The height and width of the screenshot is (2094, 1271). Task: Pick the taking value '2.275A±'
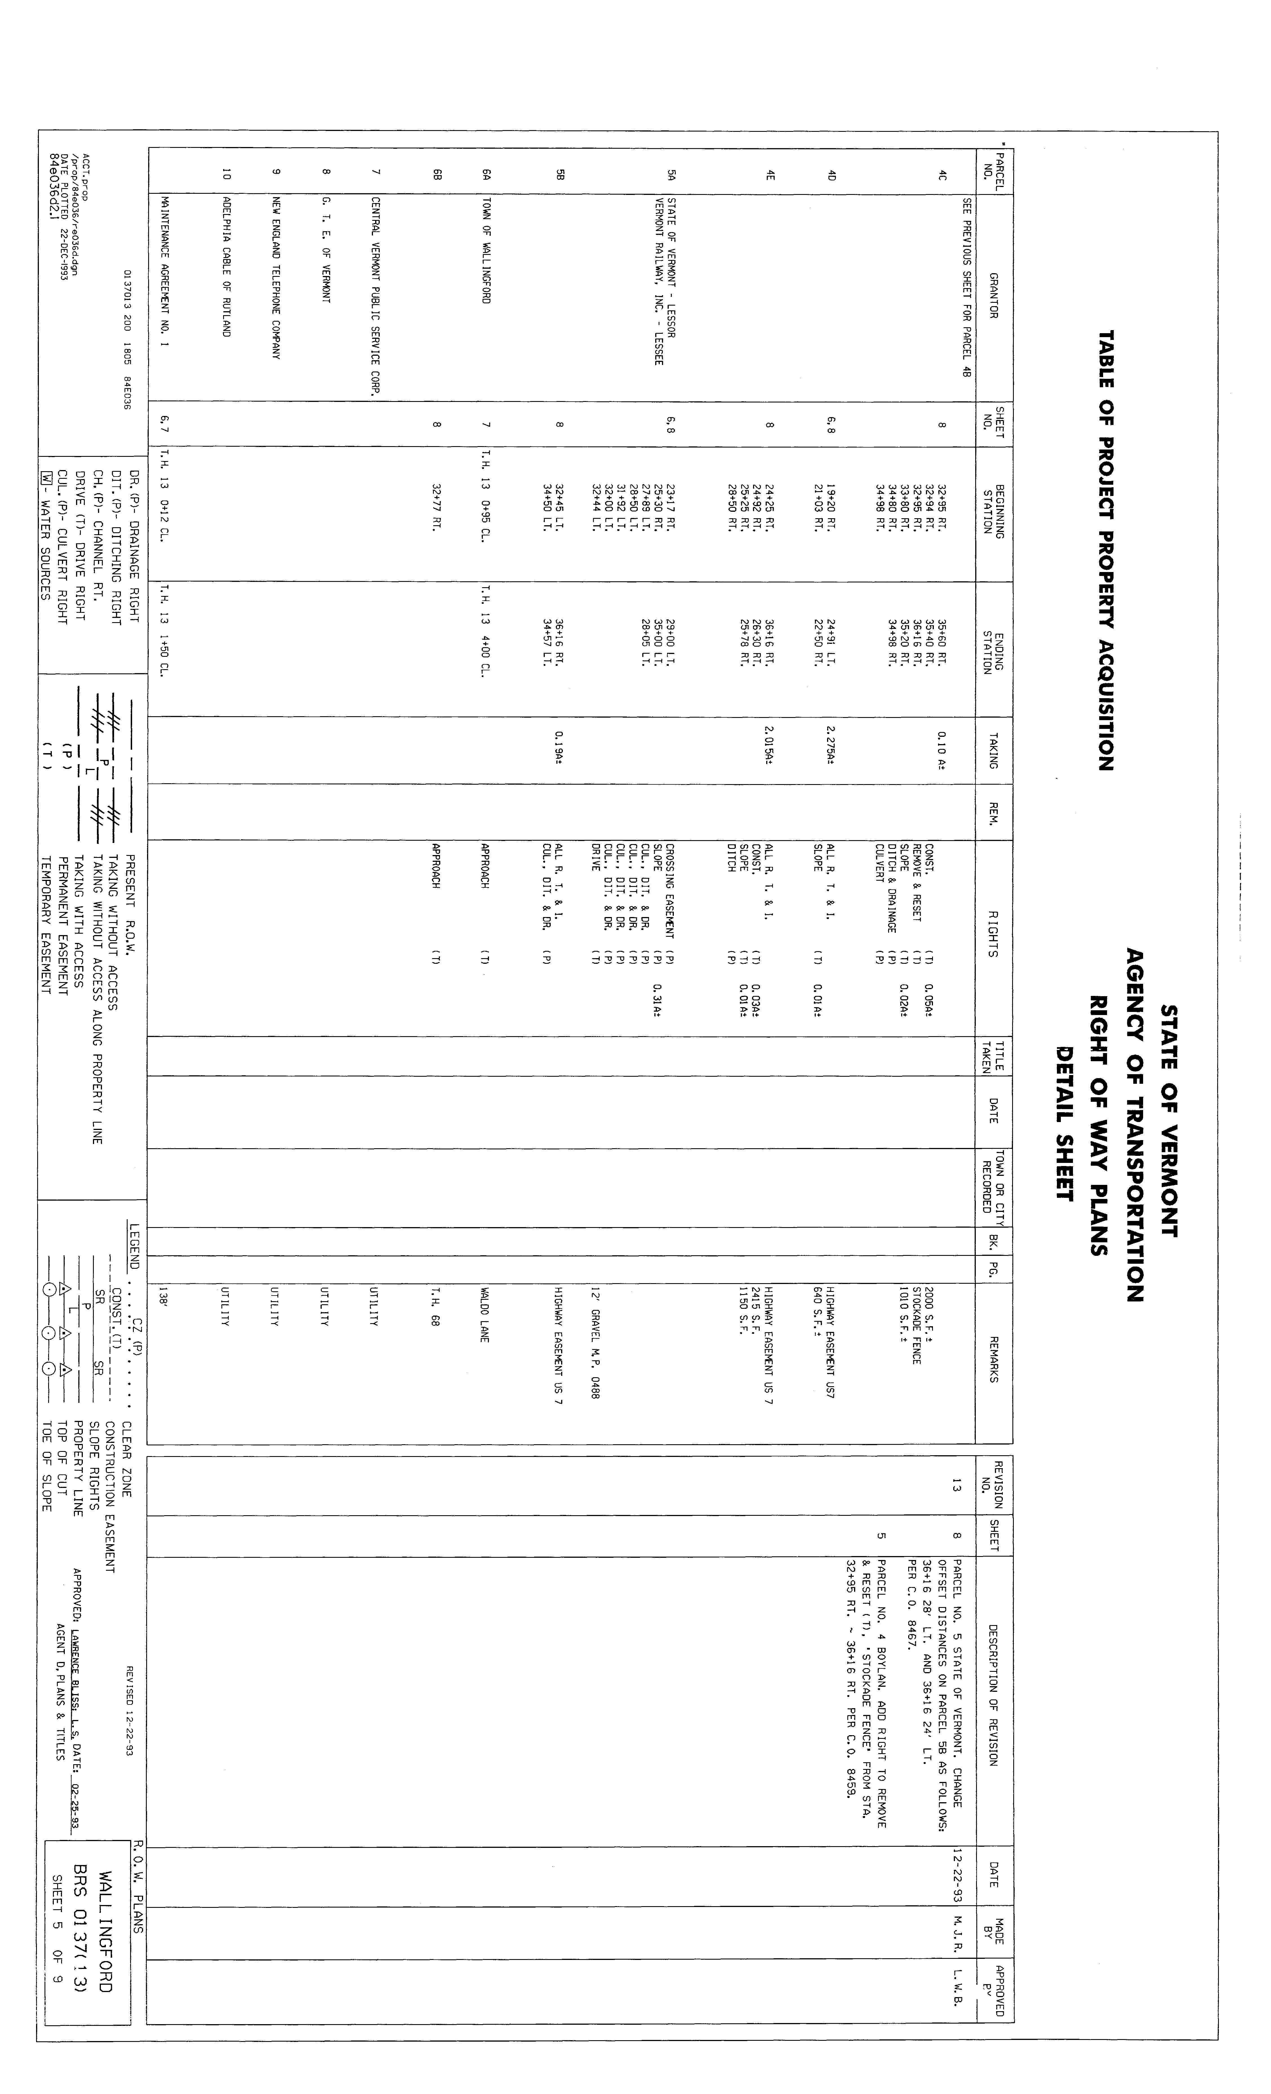[831, 749]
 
